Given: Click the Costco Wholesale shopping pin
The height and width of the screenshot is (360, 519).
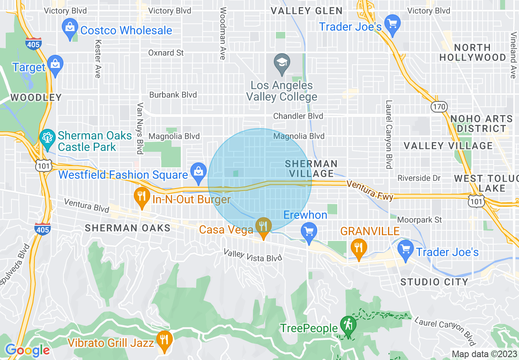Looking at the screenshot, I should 70,28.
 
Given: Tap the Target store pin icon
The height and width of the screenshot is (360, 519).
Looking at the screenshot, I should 55,65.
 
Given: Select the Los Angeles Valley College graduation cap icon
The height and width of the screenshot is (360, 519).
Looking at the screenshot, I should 282,63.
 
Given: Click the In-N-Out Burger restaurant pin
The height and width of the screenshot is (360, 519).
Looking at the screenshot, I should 141,197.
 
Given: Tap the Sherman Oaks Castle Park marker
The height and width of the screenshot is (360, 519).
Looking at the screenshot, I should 48,138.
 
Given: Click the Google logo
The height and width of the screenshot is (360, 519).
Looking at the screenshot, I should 27,350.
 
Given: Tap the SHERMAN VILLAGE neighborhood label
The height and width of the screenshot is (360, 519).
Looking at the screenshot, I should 311,169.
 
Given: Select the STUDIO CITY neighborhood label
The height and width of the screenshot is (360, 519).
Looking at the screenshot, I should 434,282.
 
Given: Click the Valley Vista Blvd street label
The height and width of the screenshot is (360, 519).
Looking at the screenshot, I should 253,255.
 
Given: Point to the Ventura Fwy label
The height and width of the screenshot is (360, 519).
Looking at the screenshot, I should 370,191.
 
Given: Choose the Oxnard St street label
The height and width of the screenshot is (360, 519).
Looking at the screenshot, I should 166,53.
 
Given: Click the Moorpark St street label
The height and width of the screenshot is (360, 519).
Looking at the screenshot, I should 420,220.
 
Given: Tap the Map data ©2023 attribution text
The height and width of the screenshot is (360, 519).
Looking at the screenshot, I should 483,354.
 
